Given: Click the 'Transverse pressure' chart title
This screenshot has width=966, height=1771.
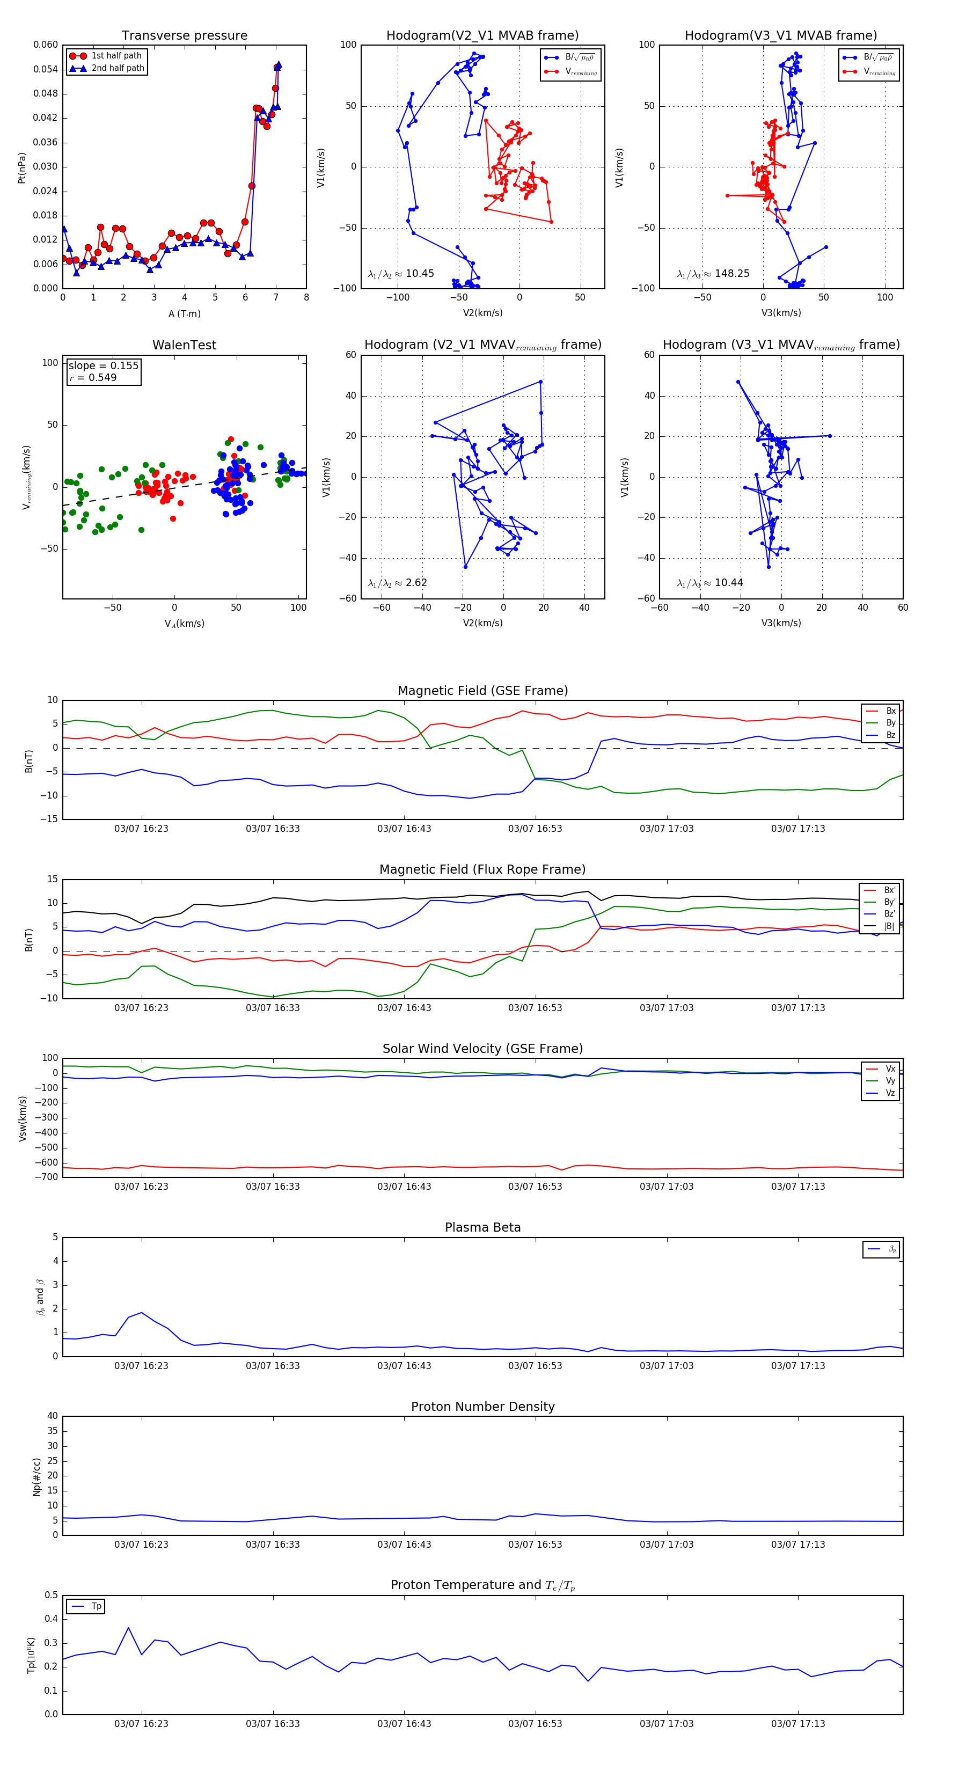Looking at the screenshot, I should tap(184, 36).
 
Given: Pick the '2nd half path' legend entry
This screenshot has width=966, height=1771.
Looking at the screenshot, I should tap(118, 68).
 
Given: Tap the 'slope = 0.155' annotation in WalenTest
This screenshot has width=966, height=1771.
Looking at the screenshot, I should tap(103, 366).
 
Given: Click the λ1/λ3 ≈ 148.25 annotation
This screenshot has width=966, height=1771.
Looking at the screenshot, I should tap(713, 274).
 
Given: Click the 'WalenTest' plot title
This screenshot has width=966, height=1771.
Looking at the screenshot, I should tap(184, 345).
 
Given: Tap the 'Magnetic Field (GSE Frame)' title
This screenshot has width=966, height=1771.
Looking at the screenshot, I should tap(482, 691).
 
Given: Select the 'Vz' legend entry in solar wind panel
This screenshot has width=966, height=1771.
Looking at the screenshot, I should tap(890, 1093).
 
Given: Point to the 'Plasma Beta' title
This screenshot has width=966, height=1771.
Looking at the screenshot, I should tap(482, 1228).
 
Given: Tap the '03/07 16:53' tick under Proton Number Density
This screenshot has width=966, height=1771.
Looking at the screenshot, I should tap(535, 1545).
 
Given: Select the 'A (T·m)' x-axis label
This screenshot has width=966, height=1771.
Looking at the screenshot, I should tap(184, 314).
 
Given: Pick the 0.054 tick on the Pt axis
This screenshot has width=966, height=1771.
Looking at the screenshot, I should tap(46, 69).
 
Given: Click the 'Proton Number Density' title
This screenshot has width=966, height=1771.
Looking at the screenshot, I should tap(482, 1407).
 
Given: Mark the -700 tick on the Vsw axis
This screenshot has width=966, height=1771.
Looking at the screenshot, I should tap(49, 1177).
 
